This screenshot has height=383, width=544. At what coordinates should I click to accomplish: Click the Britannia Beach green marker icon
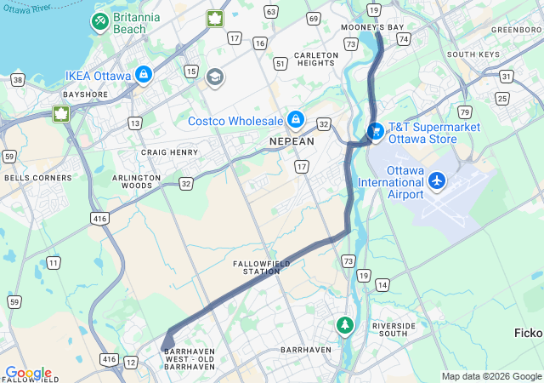point(100,20)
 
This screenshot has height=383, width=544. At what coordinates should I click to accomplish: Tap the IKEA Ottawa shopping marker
point(143,75)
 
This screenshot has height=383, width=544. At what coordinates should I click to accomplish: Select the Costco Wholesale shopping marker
point(295,119)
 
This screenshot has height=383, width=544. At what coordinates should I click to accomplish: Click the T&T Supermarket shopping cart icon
point(375,132)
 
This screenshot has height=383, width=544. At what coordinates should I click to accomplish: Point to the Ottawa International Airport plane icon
point(437,180)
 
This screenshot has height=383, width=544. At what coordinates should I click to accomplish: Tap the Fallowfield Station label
point(262,267)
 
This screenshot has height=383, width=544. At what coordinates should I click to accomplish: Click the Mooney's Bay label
point(372,27)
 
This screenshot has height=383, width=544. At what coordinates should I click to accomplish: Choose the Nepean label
point(292,141)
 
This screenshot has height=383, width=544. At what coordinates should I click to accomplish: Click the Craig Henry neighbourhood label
point(170,152)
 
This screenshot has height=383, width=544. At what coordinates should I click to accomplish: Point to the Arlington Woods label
point(136,181)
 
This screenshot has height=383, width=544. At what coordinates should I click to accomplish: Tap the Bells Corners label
point(31,178)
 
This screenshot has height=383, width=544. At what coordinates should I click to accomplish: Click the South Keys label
point(473,54)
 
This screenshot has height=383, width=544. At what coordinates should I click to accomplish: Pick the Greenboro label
point(516,29)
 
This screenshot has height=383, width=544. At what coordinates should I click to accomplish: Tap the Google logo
point(28,373)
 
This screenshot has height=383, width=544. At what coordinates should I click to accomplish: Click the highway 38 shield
point(18,79)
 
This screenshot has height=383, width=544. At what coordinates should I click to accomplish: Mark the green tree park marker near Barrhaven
point(344,325)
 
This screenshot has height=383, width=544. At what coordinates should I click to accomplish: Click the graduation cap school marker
point(215,77)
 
